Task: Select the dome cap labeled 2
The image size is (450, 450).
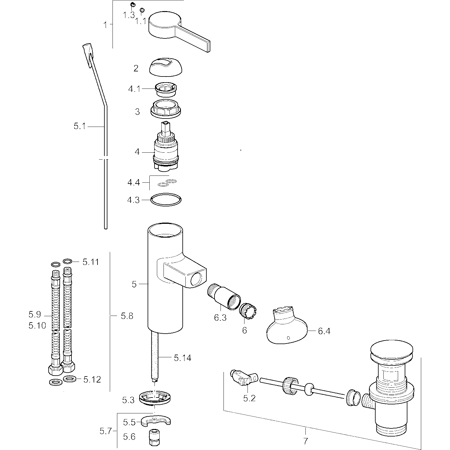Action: (x=166, y=67)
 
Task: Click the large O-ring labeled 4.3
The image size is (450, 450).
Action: (x=166, y=199)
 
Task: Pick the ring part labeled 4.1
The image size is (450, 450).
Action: (x=166, y=89)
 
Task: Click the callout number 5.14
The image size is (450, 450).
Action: (x=182, y=358)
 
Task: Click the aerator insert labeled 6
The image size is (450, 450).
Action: (x=249, y=311)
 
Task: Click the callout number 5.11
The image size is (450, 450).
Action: (x=91, y=262)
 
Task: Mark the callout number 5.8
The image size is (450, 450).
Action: (x=127, y=316)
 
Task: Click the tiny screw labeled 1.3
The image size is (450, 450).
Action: (x=133, y=5)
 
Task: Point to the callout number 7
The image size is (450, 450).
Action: (x=305, y=441)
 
